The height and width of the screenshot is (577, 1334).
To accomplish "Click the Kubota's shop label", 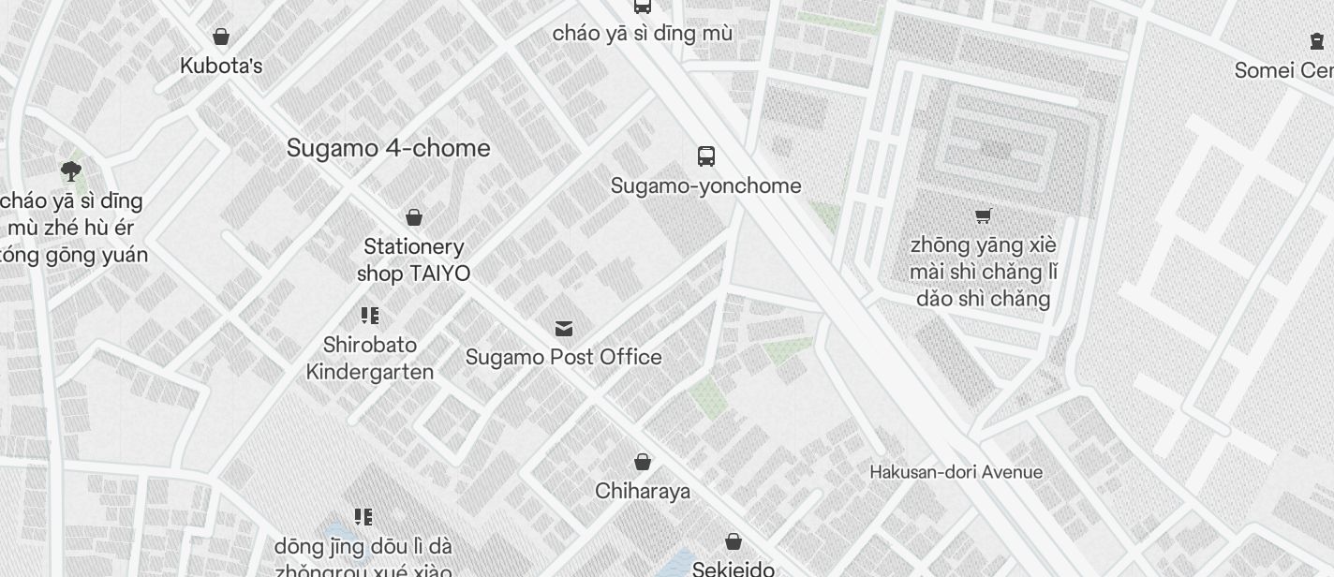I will [x=221, y=67].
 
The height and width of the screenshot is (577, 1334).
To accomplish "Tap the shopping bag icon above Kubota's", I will [x=221, y=37].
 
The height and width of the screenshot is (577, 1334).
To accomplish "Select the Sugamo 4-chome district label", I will [x=388, y=148].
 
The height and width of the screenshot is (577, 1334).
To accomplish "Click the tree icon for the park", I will [x=70, y=170].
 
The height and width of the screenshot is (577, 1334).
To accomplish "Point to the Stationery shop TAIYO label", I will [x=413, y=259].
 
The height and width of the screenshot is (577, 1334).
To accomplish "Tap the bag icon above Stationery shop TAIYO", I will [x=414, y=217].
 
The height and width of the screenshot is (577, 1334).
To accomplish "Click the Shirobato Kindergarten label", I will [x=370, y=358].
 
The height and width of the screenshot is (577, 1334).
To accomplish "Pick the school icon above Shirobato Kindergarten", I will [x=369, y=315].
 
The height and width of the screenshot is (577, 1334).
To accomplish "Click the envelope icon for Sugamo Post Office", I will [x=564, y=328].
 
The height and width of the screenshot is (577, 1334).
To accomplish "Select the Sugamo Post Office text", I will [x=564, y=357].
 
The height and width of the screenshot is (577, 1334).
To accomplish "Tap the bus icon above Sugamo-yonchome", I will [x=706, y=156].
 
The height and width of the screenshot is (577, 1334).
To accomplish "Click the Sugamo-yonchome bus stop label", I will [x=705, y=185].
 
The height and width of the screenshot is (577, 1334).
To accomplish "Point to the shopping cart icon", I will [x=983, y=215].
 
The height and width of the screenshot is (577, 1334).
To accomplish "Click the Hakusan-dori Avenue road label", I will [x=956, y=472].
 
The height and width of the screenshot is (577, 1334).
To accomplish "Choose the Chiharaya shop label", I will [x=643, y=491].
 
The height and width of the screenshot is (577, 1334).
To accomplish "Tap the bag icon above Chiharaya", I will [x=643, y=461].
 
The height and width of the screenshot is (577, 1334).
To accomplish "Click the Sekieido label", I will [x=734, y=569].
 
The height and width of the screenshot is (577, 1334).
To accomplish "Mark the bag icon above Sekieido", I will [x=734, y=541].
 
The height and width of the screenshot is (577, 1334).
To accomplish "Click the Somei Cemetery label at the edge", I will [x=1283, y=70].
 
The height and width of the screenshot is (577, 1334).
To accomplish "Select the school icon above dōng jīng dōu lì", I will [x=363, y=516].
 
